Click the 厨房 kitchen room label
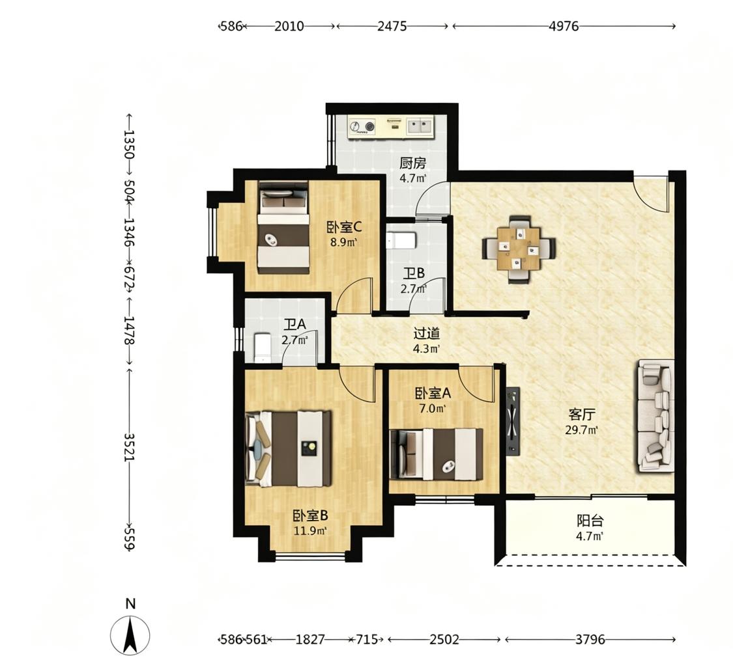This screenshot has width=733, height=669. [x=413, y=164]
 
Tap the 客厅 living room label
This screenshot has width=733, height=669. [x=582, y=415]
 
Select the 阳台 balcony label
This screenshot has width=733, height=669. [x=590, y=521]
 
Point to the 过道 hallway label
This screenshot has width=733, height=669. [x=427, y=333]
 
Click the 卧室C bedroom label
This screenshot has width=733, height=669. [x=344, y=227]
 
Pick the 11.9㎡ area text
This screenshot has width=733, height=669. [x=310, y=531]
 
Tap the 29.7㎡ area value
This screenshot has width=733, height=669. [x=582, y=430]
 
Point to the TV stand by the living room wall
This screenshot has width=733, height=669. [x=513, y=420]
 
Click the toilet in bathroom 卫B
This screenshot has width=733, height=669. [x=401, y=240]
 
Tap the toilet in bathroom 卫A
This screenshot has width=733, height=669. [x=263, y=348]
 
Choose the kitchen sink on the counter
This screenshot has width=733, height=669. [x=419, y=126]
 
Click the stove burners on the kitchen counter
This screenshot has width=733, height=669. [x=362, y=126]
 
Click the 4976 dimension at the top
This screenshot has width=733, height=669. [x=564, y=26]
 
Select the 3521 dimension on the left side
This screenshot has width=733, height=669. [x=129, y=446]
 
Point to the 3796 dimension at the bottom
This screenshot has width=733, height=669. [x=590, y=639]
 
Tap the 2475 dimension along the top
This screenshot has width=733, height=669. [x=392, y=26]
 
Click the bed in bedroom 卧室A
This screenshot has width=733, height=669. [x=436, y=454]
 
